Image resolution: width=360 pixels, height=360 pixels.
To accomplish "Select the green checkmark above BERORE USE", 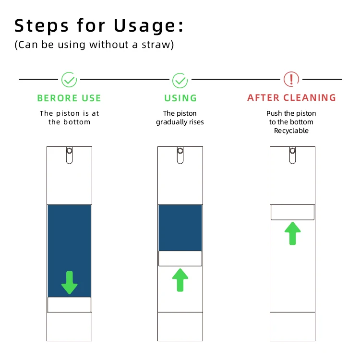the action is [x=69, y=80].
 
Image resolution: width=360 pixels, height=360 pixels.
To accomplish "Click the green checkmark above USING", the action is [x=180, y=80].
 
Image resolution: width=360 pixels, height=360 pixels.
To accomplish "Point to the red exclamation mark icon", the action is [x=291, y=79].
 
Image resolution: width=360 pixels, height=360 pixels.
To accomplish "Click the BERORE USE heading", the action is [x=69, y=98].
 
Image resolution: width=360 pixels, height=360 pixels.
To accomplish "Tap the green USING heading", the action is [x=180, y=98].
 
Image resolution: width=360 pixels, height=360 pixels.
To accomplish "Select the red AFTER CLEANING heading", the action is [x=291, y=97].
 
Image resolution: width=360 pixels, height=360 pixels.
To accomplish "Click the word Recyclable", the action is [x=291, y=131].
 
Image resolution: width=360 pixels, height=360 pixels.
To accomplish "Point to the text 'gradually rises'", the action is [x=180, y=122].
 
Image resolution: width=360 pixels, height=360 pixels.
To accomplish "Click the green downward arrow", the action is [x=69, y=283].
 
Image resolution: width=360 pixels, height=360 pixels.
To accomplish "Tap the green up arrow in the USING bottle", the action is [x=180, y=280].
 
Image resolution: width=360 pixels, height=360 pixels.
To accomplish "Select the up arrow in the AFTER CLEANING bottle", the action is [x=292, y=233].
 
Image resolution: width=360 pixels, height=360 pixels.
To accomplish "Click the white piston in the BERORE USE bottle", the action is [x=69, y=305].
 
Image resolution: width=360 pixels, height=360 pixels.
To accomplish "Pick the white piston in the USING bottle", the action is [x=180, y=259].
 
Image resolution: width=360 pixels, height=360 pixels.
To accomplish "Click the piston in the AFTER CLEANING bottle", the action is [x=292, y=212].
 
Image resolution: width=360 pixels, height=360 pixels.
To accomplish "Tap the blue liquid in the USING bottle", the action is [x=180, y=228].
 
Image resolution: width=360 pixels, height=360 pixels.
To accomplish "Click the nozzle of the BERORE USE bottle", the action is [x=69, y=155].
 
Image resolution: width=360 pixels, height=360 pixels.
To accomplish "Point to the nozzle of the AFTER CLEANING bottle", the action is [x=292, y=155].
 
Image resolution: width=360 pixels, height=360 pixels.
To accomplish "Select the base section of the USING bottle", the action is [x=180, y=326].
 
